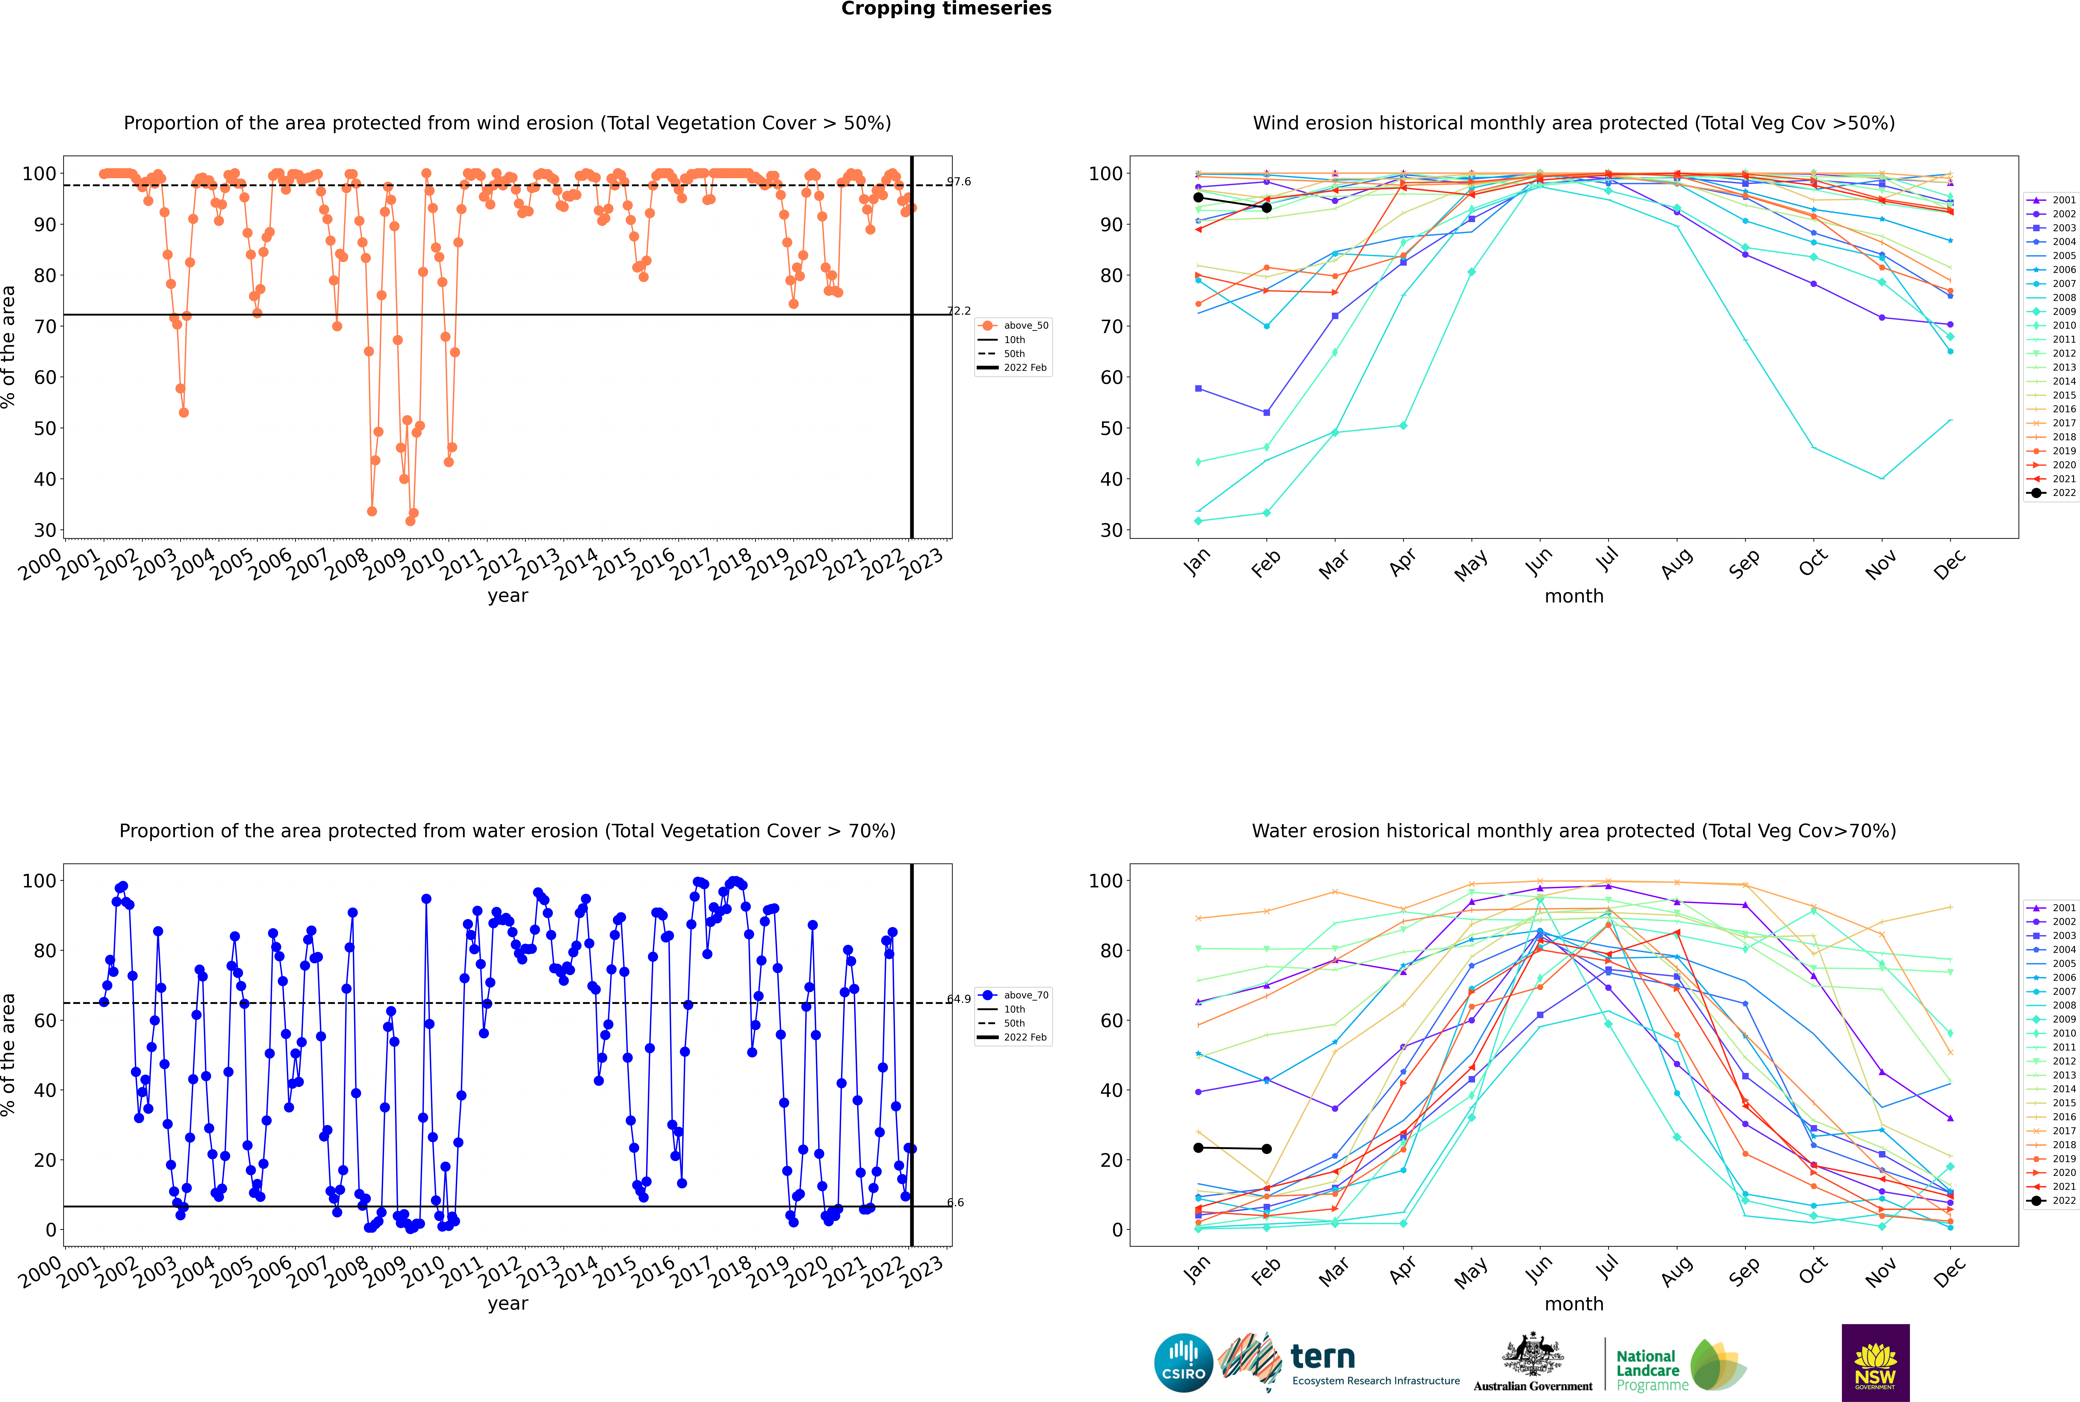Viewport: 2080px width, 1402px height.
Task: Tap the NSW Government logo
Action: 1875,1362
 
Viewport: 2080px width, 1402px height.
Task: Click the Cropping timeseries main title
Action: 946,9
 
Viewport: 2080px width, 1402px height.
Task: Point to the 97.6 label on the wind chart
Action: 959,182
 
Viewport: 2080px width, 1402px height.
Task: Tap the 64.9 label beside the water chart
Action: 959,999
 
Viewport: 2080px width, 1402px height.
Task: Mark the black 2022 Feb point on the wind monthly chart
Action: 1266,207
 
